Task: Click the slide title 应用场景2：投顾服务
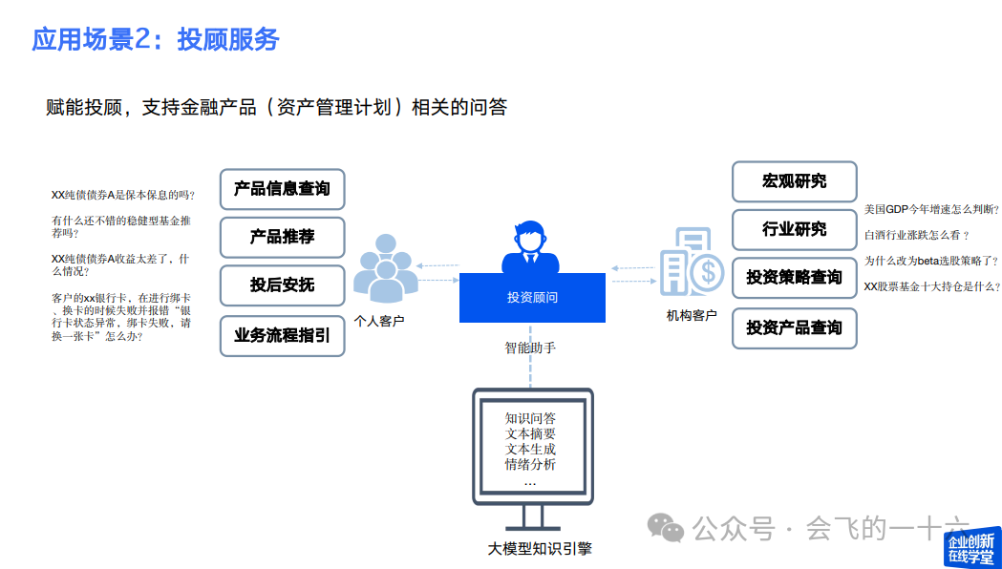pos(156,39)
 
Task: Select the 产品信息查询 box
pos(282,189)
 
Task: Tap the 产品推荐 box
pos(282,237)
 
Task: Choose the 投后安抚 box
pos(282,285)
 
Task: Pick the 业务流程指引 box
pos(282,335)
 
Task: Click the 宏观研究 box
pos(794,181)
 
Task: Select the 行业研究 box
pos(794,229)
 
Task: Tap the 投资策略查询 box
pos(794,278)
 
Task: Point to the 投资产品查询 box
pos(794,327)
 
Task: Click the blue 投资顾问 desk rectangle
pos(532,298)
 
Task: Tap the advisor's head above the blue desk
pos(531,235)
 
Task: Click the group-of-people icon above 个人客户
pos(386,273)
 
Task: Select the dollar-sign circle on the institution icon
pos(708,274)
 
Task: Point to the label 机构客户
pos(692,315)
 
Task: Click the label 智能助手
pos(530,348)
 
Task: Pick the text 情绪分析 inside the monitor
pos(530,465)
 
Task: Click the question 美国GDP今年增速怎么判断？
pos(931,209)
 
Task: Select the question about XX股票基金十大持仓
pos(931,285)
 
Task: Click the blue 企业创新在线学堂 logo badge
pos(973,547)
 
